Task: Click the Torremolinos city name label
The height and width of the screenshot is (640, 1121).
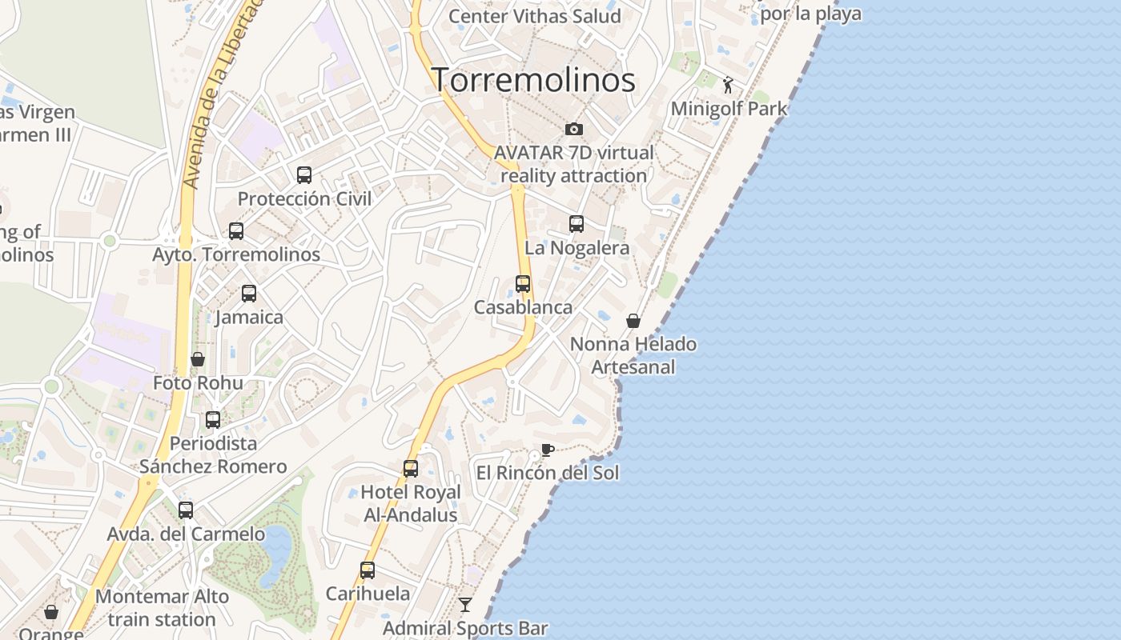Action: click(x=533, y=80)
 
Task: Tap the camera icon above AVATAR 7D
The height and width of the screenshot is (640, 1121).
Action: click(x=574, y=129)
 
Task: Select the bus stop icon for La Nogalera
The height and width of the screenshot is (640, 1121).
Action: click(x=577, y=224)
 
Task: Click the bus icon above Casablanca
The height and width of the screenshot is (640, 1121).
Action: click(x=523, y=283)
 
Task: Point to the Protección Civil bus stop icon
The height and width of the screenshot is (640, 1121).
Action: click(x=304, y=174)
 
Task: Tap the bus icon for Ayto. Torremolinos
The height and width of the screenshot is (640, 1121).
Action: click(x=236, y=231)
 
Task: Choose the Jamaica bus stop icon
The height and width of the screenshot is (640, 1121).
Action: click(x=249, y=294)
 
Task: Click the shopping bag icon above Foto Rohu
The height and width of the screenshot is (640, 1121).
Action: click(x=198, y=359)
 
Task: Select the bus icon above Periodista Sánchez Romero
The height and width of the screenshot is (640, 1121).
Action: click(x=213, y=419)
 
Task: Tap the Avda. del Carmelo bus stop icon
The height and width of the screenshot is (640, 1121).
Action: click(x=186, y=510)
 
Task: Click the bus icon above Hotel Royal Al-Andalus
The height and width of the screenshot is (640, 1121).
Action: click(x=411, y=468)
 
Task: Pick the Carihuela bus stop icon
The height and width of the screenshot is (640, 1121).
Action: click(x=368, y=570)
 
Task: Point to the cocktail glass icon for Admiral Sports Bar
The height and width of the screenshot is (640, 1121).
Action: click(x=465, y=604)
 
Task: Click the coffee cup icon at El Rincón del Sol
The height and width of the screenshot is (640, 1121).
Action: click(x=548, y=450)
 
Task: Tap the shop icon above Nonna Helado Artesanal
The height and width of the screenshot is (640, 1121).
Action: click(x=633, y=321)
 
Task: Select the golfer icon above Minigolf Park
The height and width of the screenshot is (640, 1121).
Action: click(x=728, y=85)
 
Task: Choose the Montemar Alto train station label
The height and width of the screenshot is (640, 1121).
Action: click(x=162, y=608)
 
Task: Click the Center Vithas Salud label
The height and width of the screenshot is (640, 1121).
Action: click(x=534, y=16)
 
